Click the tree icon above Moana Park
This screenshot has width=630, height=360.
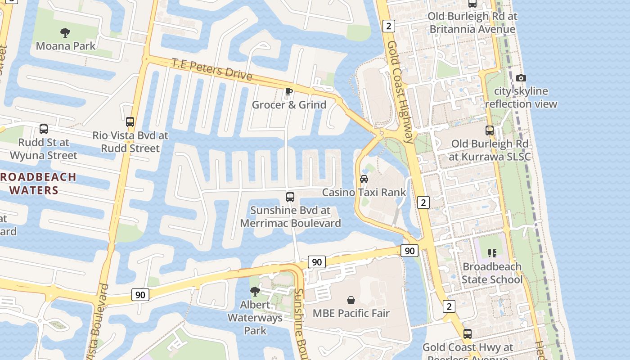[x=65, y=32]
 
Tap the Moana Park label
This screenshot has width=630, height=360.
[x=66, y=46]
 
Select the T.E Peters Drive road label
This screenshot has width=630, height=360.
[x=211, y=69]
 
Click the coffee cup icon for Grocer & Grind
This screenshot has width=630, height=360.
[x=289, y=92]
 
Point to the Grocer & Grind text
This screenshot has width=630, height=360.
[x=289, y=105]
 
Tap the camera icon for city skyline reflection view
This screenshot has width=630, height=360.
[x=521, y=78]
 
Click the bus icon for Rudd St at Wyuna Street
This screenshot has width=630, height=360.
[x=44, y=129]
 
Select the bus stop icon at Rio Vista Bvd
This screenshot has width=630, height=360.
[x=130, y=121]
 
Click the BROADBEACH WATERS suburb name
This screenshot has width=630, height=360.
[x=36, y=183]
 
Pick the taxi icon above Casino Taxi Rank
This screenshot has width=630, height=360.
[x=364, y=179]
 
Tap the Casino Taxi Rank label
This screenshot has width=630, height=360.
[x=364, y=193]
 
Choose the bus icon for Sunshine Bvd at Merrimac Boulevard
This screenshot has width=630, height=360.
[x=290, y=197]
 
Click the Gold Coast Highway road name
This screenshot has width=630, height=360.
[x=400, y=92]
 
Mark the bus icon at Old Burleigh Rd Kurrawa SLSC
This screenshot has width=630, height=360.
[x=490, y=130]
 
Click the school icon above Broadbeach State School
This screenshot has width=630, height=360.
[x=492, y=253]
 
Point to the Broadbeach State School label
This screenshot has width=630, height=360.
[x=492, y=273]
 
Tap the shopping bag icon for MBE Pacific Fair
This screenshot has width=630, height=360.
[x=351, y=300]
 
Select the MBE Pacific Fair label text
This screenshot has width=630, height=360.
[x=351, y=313]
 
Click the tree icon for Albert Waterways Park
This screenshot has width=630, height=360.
[x=255, y=291]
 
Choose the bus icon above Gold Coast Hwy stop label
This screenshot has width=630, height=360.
[x=468, y=334]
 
